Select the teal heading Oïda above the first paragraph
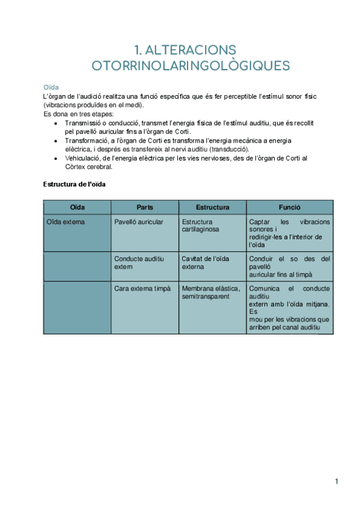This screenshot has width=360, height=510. coord(50,87)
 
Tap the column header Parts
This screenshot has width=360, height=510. coord(145,207)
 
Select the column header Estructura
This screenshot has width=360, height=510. coord(212,207)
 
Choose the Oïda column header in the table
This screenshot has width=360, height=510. coord(77,207)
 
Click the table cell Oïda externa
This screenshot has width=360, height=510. coord(66,222)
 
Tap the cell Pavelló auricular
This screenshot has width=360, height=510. coord(139,222)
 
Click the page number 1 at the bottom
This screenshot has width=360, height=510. coord(337,481)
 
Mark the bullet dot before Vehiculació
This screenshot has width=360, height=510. coord(56,158)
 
